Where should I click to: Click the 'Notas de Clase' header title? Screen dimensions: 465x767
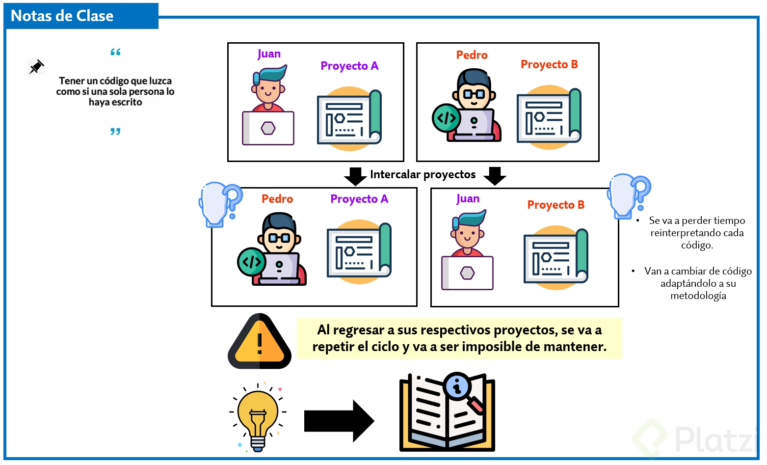point(62,16)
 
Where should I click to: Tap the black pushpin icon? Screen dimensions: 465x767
point(36,67)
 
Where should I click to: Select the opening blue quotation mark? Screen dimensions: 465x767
point(115,52)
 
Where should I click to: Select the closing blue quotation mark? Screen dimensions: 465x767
point(115,131)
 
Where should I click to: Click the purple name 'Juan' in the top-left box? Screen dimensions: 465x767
point(269,54)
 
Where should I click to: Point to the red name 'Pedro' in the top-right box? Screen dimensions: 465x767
point(472,55)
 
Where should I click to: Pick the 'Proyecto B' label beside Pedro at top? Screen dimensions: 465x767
point(549,64)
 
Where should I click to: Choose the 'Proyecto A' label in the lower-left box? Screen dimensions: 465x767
point(359,199)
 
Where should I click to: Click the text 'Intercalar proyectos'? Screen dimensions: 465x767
point(423,174)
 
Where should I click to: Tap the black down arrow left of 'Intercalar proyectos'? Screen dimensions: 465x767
point(355,175)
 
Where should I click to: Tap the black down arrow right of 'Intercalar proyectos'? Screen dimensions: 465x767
point(495,175)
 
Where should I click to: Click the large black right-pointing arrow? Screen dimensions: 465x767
point(339,421)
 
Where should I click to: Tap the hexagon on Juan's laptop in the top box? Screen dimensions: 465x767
point(268,128)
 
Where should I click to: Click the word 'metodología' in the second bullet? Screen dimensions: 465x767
point(698,296)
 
